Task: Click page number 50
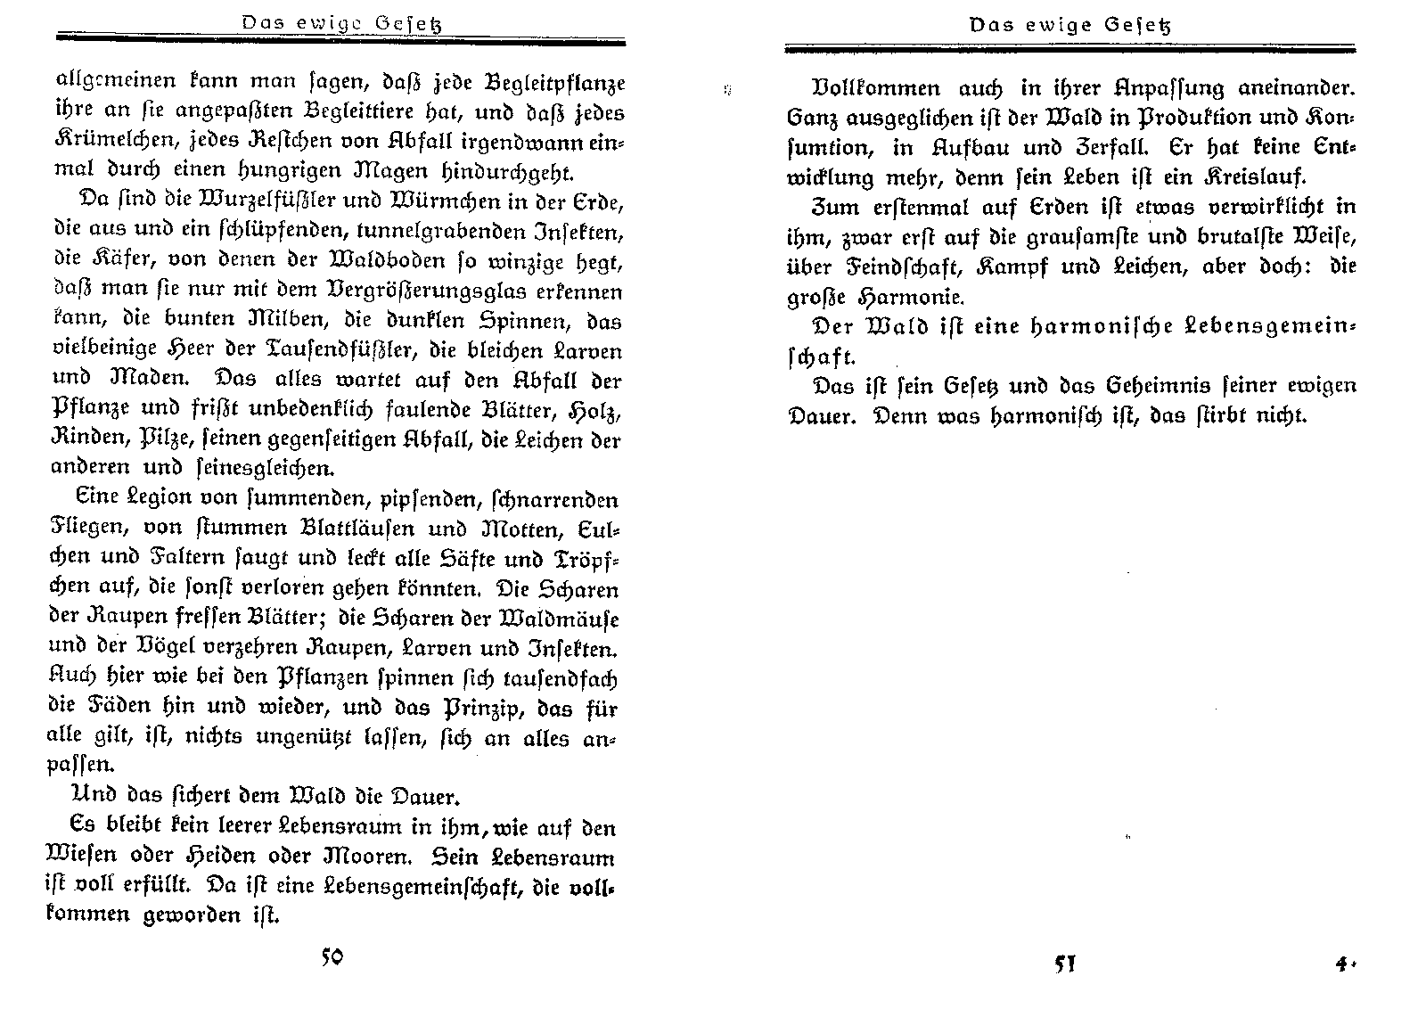pyautogui.click(x=332, y=957)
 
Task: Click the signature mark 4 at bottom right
pyautogui.click(x=1341, y=964)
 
